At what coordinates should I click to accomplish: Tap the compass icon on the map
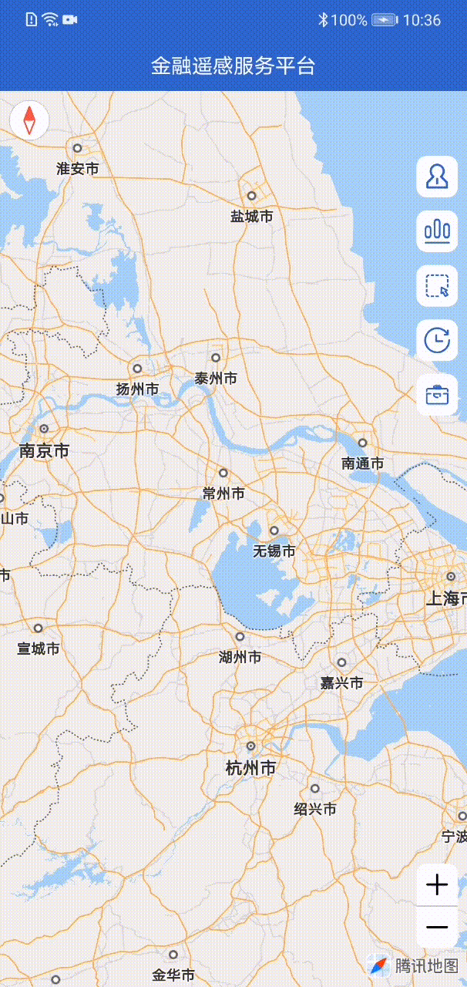[x=29, y=120]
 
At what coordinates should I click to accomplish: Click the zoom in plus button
[x=437, y=884]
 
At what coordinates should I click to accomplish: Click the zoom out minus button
[x=437, y=927]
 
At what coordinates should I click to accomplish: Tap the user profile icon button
[x=437, y=177]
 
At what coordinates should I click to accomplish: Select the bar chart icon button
[x=437, y=231]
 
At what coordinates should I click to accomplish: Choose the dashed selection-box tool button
[x=437, y=286]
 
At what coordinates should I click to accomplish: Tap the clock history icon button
[x=437, y=340]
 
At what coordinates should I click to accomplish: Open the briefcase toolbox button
[x=437, y=395]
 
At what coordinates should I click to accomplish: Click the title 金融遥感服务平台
[x=234, y=66]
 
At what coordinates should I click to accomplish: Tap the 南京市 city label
[x=44, y=450]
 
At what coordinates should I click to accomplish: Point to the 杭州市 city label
[x=250, y=768]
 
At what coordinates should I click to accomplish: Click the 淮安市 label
[x=78, y=168]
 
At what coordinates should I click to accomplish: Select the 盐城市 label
[x=252, y=217]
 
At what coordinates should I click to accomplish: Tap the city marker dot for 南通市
[x=362, y=443]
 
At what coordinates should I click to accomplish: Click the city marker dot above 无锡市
[x=274, y=531]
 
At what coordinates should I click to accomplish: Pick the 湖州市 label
[x=240, y=657]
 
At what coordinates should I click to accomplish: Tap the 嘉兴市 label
[x=341, y=682]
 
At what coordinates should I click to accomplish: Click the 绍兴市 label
[x=315, y=809]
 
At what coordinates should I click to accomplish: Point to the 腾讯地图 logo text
[x=427, y=965]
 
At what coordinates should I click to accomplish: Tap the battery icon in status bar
[x=385, y=20]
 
